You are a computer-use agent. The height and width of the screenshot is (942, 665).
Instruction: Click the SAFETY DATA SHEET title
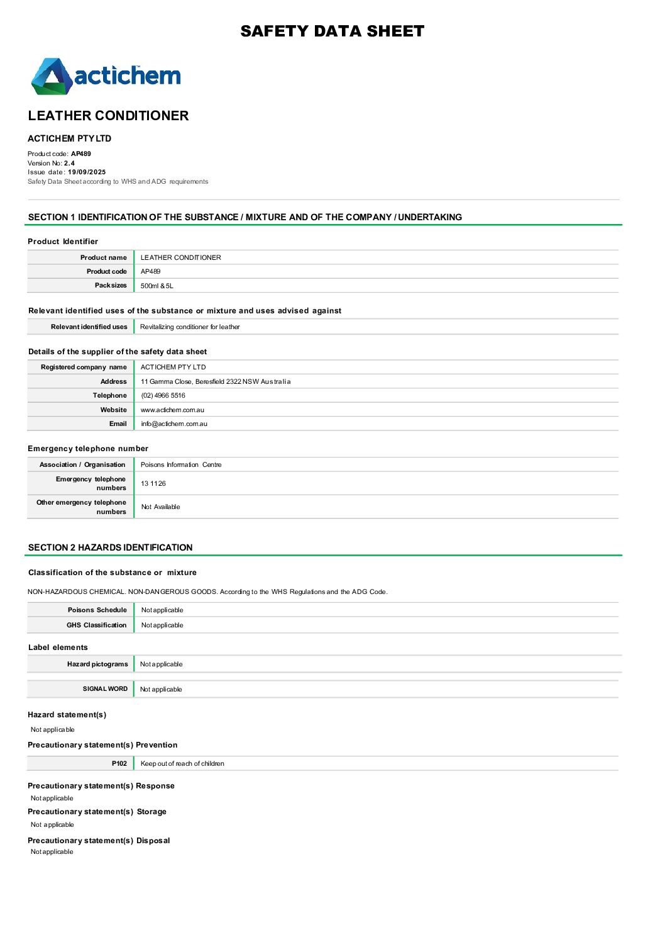pos(332,31)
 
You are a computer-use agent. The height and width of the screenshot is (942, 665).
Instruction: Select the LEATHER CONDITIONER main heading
pos(108,116)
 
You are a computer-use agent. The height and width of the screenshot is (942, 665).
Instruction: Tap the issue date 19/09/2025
pos(87,172)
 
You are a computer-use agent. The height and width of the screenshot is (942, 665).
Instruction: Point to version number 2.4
pos(69,163)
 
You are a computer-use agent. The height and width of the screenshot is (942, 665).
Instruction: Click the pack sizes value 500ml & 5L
pos(157,286)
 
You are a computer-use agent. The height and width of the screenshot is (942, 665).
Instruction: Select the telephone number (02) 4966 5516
pos(163,395)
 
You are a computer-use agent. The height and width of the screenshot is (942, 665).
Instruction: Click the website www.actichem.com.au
pos(172,410)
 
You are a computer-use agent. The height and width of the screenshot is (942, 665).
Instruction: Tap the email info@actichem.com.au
pos(174,423)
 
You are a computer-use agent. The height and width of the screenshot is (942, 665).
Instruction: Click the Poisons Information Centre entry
pos(181,464)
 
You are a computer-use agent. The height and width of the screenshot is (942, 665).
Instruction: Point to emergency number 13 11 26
pos(153,483)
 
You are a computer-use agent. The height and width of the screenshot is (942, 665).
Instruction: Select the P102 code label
pos(119,763)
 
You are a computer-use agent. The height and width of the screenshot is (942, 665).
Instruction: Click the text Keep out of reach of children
pos(182,763)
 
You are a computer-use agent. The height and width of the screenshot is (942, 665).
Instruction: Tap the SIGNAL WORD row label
pos(105,689)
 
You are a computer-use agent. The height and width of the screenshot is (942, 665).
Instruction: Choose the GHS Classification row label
pos(97,625)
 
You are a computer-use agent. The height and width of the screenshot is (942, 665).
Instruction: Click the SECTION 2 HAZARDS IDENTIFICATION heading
pos(111,547)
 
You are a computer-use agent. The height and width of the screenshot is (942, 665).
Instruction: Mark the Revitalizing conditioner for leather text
pos(190,327)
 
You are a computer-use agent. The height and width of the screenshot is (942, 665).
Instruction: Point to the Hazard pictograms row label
pos(97,664)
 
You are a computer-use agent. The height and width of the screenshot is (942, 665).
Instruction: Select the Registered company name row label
pos(84,367)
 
